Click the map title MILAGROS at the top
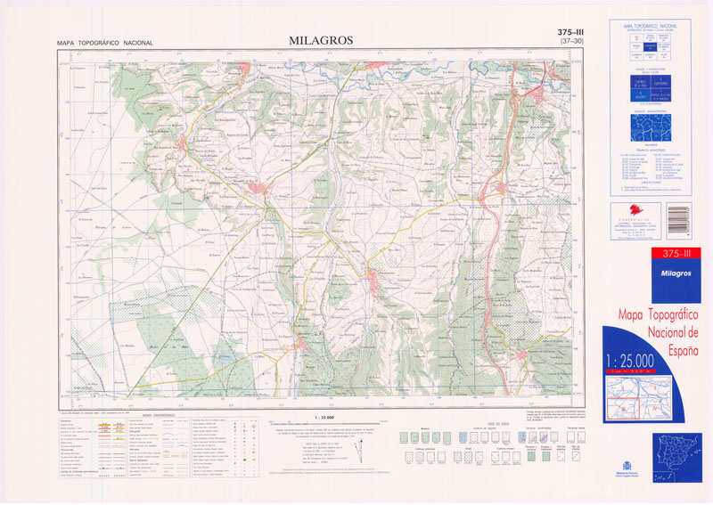click(321, 40)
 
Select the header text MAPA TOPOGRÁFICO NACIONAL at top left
click(105, 43)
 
